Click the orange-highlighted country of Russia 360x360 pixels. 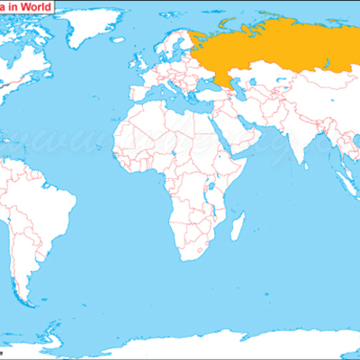pos(270,49)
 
